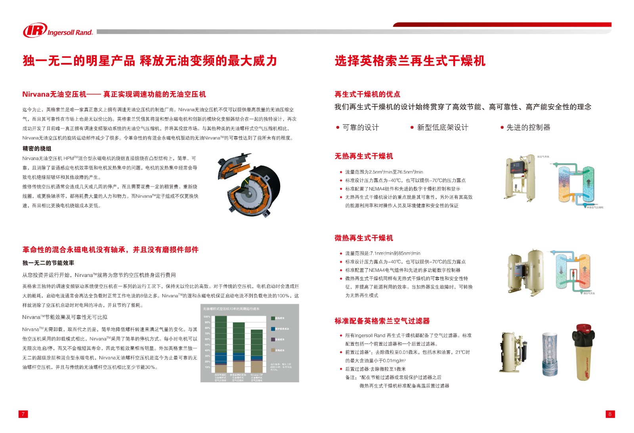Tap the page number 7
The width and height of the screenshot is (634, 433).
coord(23,414)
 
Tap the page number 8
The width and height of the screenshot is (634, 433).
coord(610,414)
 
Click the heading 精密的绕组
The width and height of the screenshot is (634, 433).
coord(37,149)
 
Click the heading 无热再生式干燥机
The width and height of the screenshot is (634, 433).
coord(364,156)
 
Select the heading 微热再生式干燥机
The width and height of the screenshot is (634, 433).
coord(364,238)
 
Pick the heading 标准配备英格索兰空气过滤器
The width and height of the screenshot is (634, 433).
coord(382,321)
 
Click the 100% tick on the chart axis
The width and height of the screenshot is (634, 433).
coord(207,317)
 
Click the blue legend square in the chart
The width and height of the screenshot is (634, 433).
coord(273,329)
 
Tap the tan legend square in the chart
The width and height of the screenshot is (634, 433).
coord(273,350)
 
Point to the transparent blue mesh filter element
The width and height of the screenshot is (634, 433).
coord(550,353)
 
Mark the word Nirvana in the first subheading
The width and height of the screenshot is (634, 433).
coord(36,94)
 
